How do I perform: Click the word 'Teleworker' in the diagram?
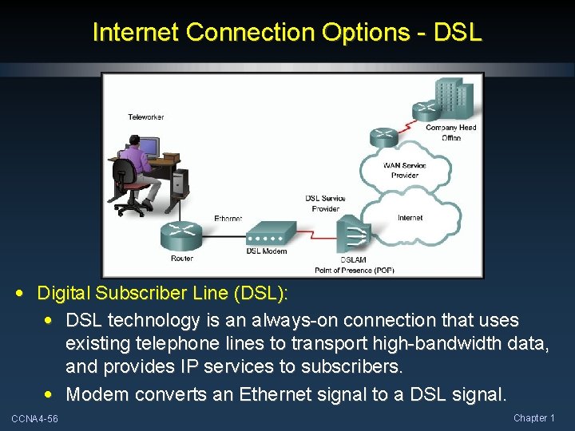(146, 117)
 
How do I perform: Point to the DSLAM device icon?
(354, 236)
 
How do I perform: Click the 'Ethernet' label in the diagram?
(228, 218)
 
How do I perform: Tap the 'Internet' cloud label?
(410, 217)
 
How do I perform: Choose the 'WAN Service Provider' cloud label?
(404, 170)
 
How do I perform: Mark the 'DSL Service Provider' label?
(325, 203)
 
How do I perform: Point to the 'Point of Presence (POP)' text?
(355, 270)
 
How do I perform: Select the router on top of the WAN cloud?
(383, 136)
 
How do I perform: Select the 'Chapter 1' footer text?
(534, 418)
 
